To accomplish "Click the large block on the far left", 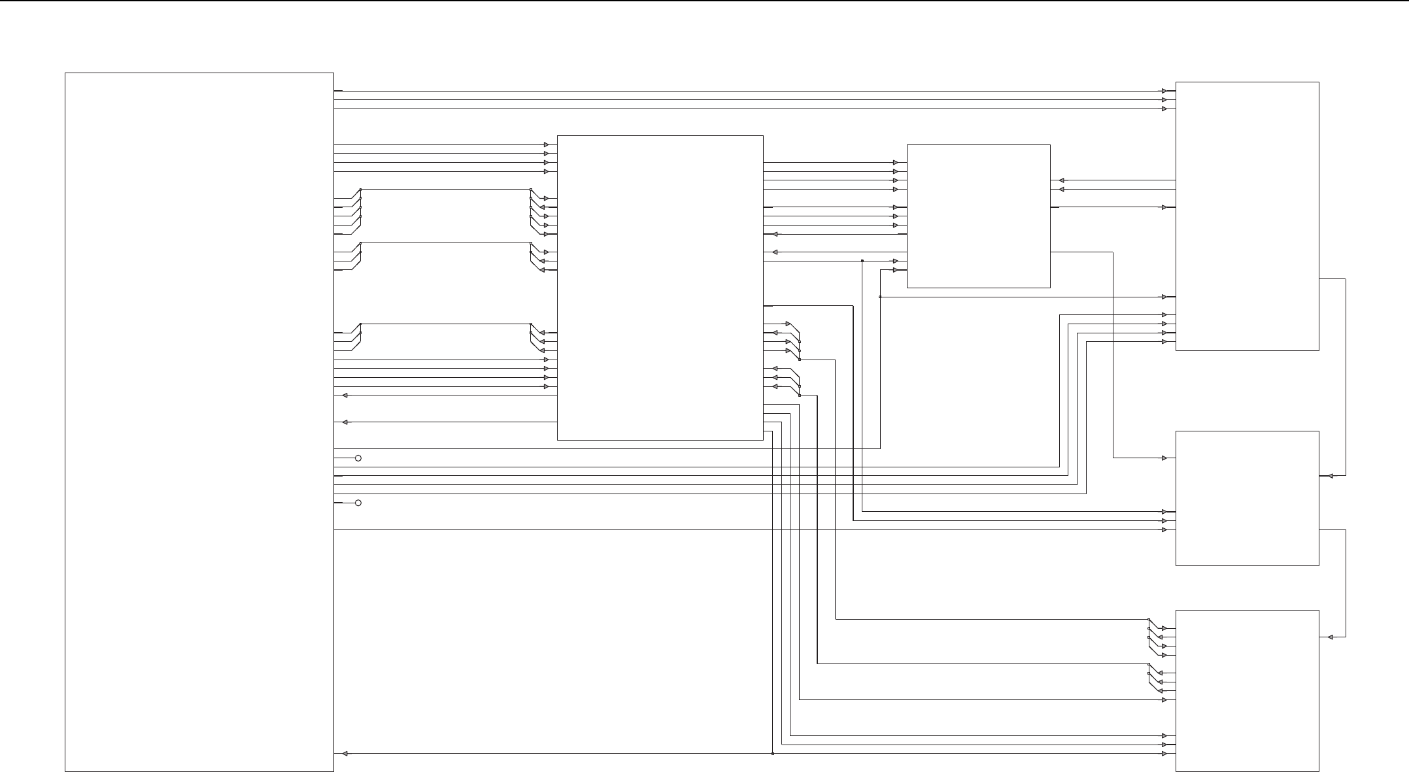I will pyautogui.click(x=199, y=422).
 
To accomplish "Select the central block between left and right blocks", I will pyautogui.click(x=660, y=288).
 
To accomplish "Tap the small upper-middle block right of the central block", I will pyautogui.click(x=978, y=216).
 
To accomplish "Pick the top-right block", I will pyautogui.click(x=1247, y=216).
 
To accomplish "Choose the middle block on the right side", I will pyautogui.click(x=1247, y=498).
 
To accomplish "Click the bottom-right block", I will pyautogui.click(x=1247, y=690).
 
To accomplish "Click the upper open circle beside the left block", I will pyautogui.click(x=358, y=458).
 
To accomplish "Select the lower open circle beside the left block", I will pyautogui.click(x=358, y=503).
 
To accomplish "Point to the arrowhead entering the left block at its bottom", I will pyautogui.click(x=345, y=754).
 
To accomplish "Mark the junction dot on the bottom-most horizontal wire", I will pyautogui.click(x=773, y=754).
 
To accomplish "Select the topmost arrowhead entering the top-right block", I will pyautogui.click(x=1164, y=91).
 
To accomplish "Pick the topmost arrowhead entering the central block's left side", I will pyautogui.click(x=546, y=144).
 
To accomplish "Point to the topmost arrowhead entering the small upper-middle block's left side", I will pyautogui.click(x=896, y=162).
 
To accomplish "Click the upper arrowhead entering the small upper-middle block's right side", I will pyautogui.click(x=1062, y=180).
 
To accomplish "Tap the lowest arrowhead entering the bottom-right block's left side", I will pyautogui.click(x=1164, y=754).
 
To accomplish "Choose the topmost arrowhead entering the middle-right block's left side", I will pyautogui.click(x=1164, y=458).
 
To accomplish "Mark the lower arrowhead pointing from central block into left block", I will pyautogui.click(x=345, y=422).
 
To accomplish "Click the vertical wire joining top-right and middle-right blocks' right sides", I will pyautogui.click(x=1346, y=378).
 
